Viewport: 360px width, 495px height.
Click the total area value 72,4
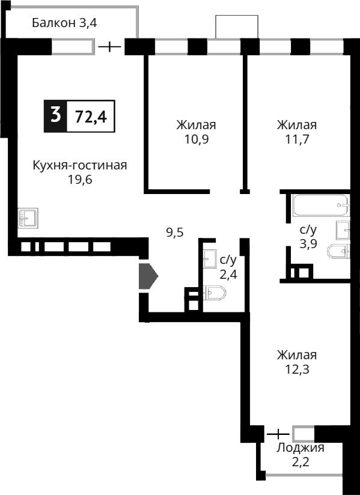click(91, 116)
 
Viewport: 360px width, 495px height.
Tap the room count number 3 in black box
click(56, 115)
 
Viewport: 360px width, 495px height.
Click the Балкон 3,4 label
click(64, 23)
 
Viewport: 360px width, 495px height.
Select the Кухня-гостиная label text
click(80, 165)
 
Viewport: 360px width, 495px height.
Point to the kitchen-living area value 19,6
click(80, 180)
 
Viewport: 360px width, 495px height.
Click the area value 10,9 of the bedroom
click(196, 139)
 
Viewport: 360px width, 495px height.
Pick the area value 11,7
click(296, 139)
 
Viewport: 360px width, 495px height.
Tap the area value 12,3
click(296, 369)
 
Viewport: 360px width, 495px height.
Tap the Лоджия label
click(301, 448)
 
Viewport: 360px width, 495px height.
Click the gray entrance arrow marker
click(148, 276)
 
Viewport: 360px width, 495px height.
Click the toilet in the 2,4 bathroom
click(215, 293)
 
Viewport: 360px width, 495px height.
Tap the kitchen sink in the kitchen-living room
click(28, 217)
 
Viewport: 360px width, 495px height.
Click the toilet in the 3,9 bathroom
click(338, 252)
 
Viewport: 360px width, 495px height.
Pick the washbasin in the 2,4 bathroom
click(210, 258)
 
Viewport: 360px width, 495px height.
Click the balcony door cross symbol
click(109, 46)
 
